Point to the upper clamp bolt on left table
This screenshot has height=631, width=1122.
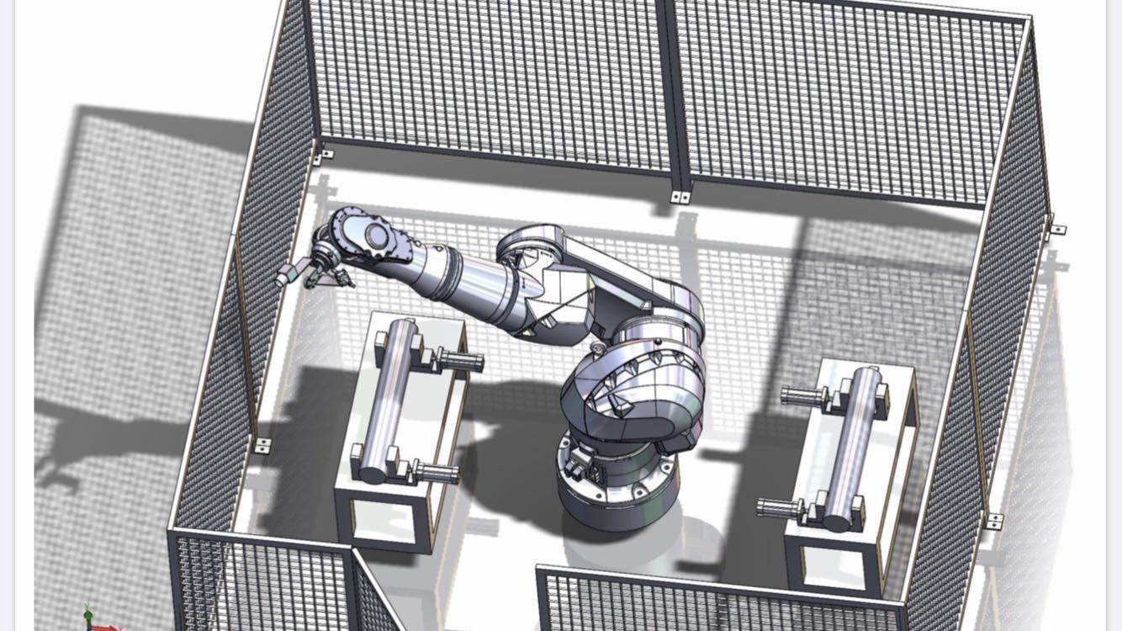pos(458,362)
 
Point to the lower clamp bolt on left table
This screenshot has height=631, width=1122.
pos(435,474)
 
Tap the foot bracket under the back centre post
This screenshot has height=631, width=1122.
pos(680,198)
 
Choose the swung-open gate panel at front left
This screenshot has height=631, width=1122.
pos(374,593)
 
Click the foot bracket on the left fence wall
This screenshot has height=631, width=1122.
pos(263,445)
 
